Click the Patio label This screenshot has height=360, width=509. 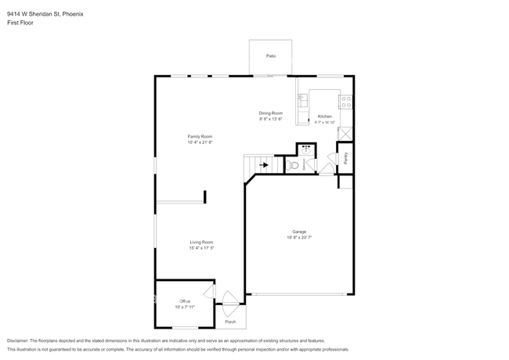(271, 56)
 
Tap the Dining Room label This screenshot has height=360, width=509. (271, 113)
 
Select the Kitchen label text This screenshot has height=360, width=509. (324, 117)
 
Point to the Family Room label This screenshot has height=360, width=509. (200, 136)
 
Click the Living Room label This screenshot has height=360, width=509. (201, 243)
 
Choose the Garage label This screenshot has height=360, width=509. (299, 232)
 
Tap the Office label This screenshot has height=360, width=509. (185, 301)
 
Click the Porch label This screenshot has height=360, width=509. (230, 322)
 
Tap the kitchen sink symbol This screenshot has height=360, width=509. (302, 100)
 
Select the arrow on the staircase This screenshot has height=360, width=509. (263, 165)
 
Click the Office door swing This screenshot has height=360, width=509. (209, 292)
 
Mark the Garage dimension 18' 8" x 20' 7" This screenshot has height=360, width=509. (299, 238)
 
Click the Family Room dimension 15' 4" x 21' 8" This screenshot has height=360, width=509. (200, 142)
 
